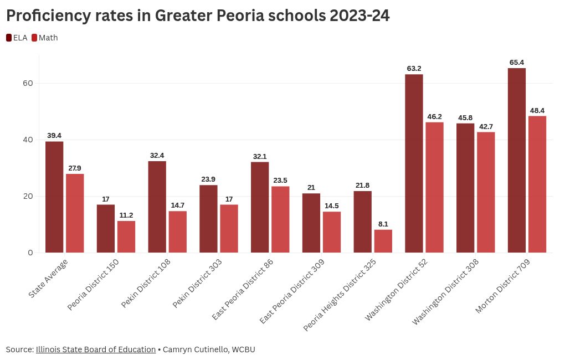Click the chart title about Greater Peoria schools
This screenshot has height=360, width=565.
click(198, 16)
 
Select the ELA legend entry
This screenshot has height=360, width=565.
click(17, 38)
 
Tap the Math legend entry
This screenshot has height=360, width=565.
click(44, 38)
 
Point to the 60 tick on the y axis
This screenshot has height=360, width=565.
click(28, 83)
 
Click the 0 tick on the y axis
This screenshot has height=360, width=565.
click(30, 253)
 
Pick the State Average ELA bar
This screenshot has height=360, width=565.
click(54, 197)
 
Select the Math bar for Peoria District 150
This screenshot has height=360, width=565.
click(126, 236)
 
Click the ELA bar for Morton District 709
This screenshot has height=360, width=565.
click(516, 161)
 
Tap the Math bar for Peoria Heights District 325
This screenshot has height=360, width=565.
click(383, 241)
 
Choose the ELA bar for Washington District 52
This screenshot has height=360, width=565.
click(414, 163)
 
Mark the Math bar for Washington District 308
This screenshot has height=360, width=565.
click(486, 192)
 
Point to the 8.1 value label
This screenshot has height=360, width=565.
click(383, 224)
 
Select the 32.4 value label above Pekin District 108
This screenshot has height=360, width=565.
click(157, 156)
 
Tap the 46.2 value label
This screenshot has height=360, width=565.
click(434, 116)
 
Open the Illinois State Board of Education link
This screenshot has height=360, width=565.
click(96, 349)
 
